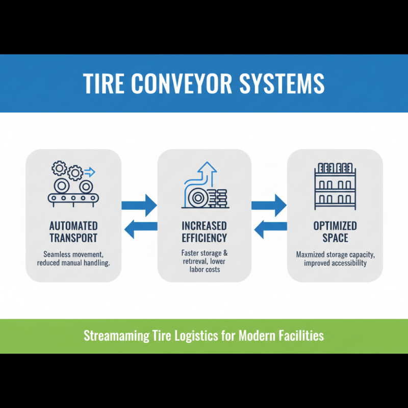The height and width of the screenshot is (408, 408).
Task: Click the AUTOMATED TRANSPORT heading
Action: coord(73,232)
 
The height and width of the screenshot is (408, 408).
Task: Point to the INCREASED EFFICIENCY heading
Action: coord(204,232)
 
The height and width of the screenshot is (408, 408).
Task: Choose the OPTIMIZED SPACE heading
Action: coord(335,232)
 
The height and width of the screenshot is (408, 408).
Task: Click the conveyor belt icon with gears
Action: coord(73,185)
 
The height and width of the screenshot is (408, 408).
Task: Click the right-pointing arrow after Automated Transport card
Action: coord(140,205)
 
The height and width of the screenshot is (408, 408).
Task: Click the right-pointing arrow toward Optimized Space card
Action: coord(270,205)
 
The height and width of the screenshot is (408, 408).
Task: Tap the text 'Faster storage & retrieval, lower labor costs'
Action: coord(204,261)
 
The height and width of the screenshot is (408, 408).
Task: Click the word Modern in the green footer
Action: coord(250,336)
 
